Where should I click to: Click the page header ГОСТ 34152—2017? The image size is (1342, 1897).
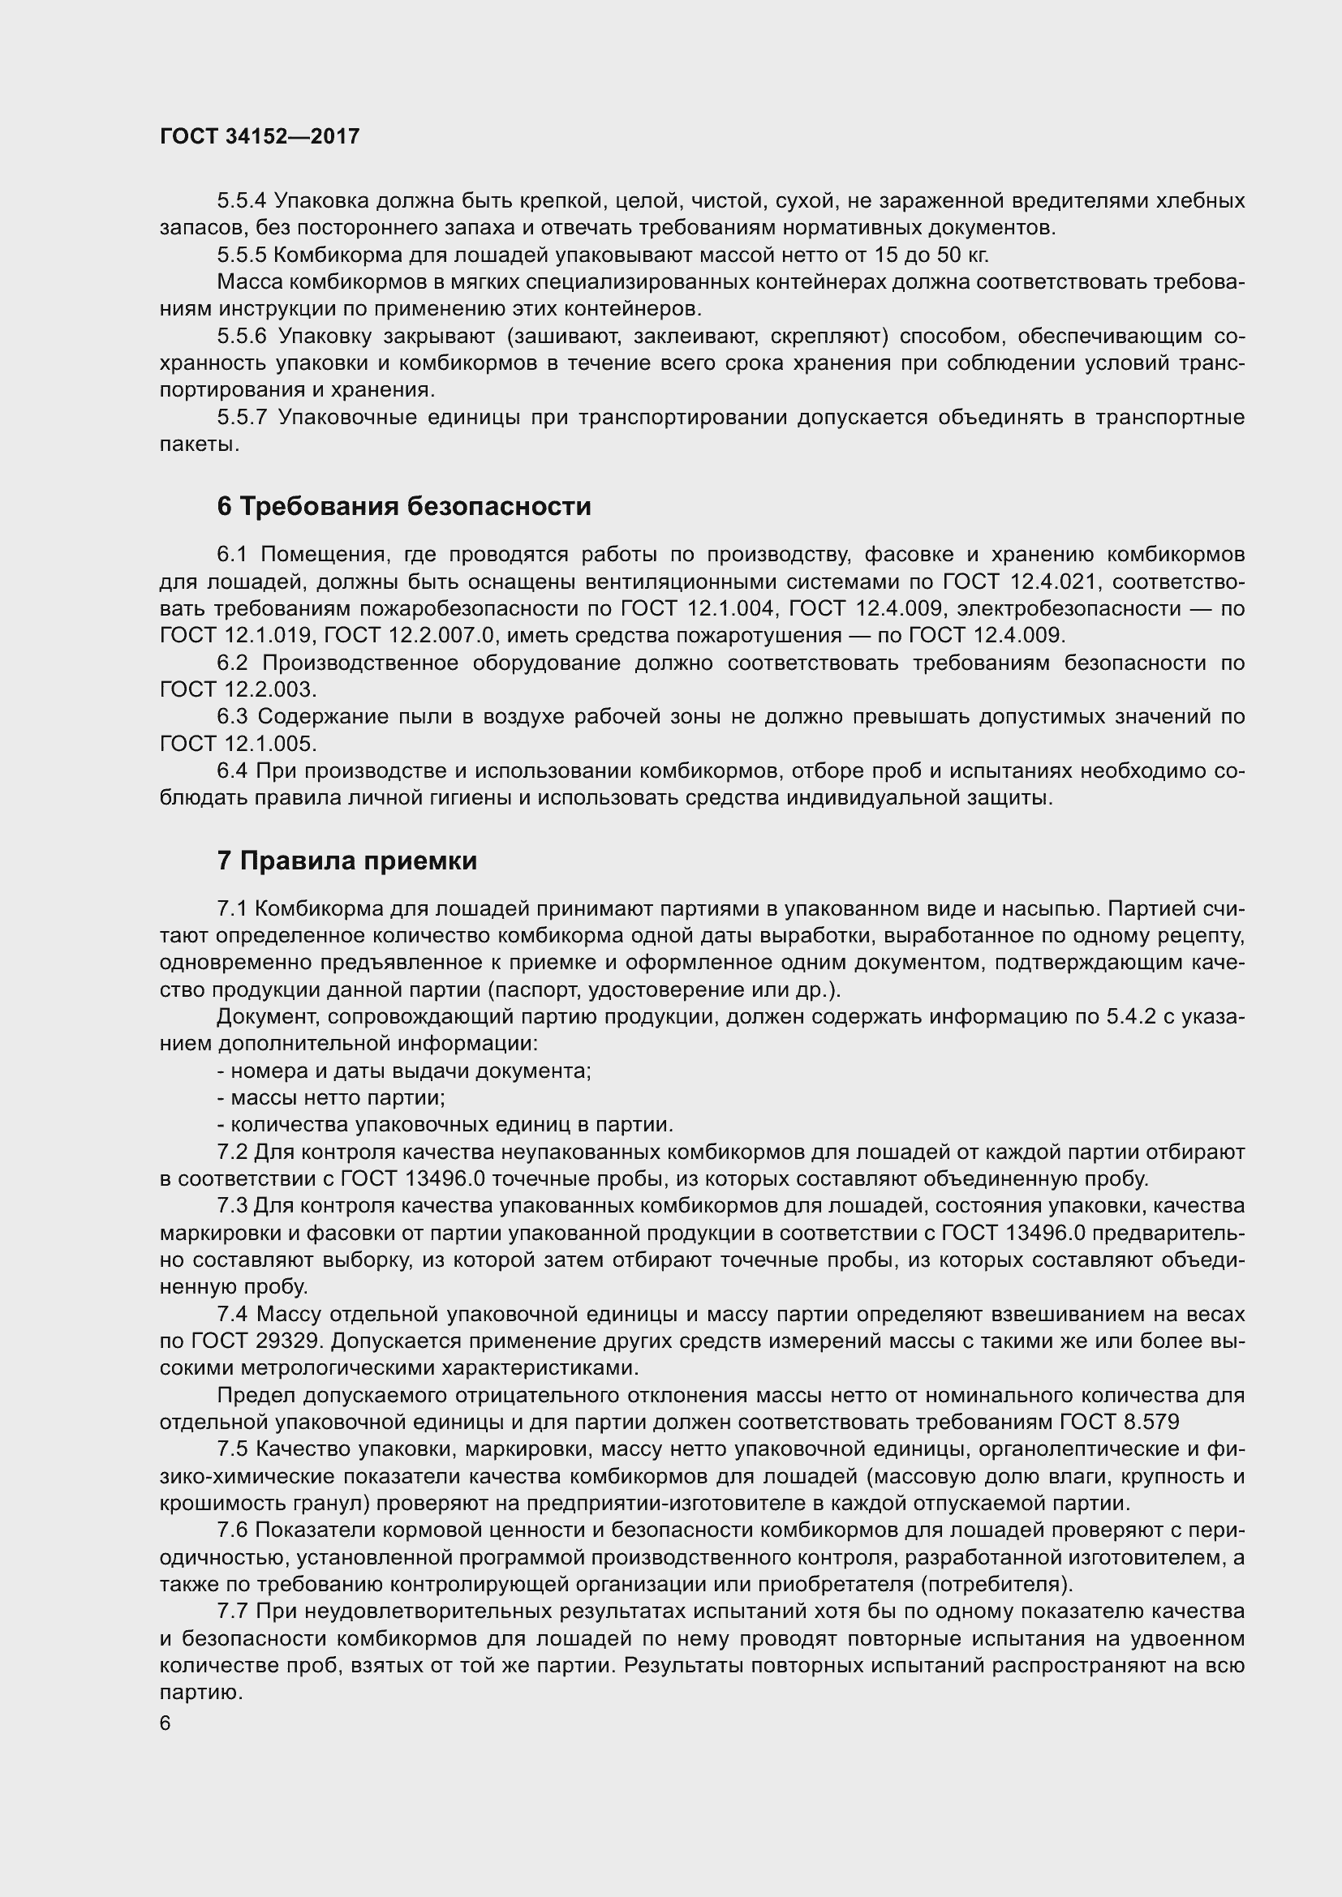tap(260, 137)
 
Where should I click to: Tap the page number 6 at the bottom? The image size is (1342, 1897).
tap(166, 1723)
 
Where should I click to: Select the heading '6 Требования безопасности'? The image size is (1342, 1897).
tap(404, 506)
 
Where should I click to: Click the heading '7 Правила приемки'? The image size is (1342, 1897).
tap(347, 861)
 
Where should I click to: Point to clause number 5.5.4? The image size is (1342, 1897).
tap(241, 201)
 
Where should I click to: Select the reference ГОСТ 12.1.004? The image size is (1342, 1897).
tap(699, 609)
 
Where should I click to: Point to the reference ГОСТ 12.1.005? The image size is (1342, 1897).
tap(238, 744)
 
